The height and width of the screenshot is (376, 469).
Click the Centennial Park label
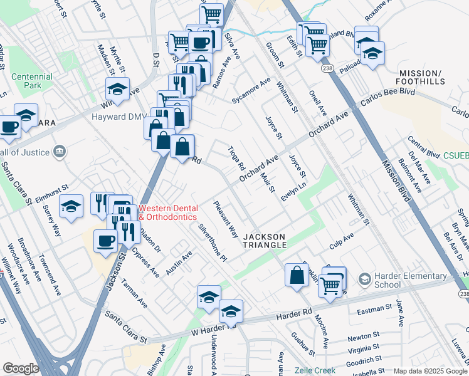[32, 81]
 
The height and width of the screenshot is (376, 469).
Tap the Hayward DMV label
[119, 117]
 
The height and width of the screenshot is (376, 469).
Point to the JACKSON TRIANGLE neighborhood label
[264, 241]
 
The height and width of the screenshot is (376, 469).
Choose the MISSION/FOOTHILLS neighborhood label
[420, 77]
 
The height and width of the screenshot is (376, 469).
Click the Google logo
[21, 368]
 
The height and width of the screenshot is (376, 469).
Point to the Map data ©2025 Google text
[429, 371]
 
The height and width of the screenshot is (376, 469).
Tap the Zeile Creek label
[315, 370]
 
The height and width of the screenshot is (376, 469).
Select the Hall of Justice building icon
[60, 150]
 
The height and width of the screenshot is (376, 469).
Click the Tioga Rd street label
[236, 159]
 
